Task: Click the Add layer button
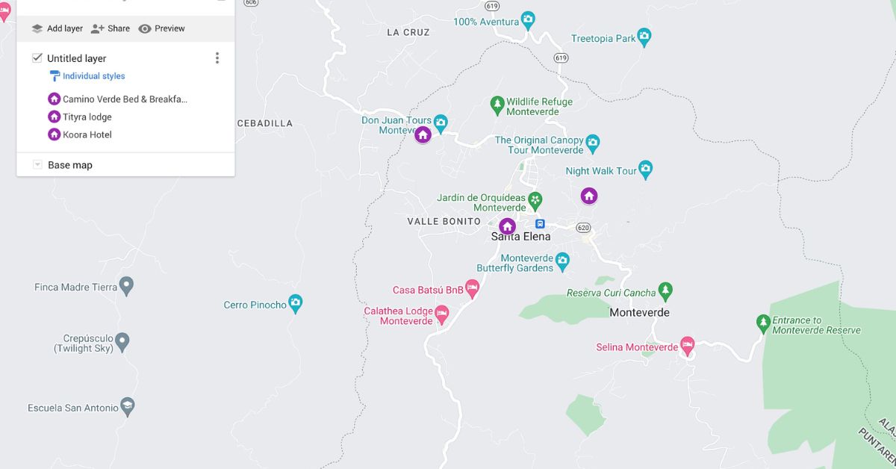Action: point(57,28)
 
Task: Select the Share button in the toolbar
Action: point(110,28)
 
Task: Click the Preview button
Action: point(161,28)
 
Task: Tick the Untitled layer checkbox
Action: point(37,58)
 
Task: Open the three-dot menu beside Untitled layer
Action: point(217,58)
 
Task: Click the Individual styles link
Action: point(93,76)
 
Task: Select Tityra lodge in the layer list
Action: point(87,117)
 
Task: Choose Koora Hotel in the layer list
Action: point(87,134)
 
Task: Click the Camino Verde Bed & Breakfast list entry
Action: point(125,99)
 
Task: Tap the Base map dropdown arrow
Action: point(37,165)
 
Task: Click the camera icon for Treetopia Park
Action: point(644,37)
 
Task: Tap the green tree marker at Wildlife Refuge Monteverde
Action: point(497,105)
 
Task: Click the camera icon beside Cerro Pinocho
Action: point(296,304)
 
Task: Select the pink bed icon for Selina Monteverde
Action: point(687,347)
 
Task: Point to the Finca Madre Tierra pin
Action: point(127,286)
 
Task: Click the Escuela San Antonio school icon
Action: point(128,407)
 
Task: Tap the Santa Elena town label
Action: point(520,237)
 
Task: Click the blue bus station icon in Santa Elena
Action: point(540,224)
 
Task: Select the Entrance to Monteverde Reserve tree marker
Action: point(763,323)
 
